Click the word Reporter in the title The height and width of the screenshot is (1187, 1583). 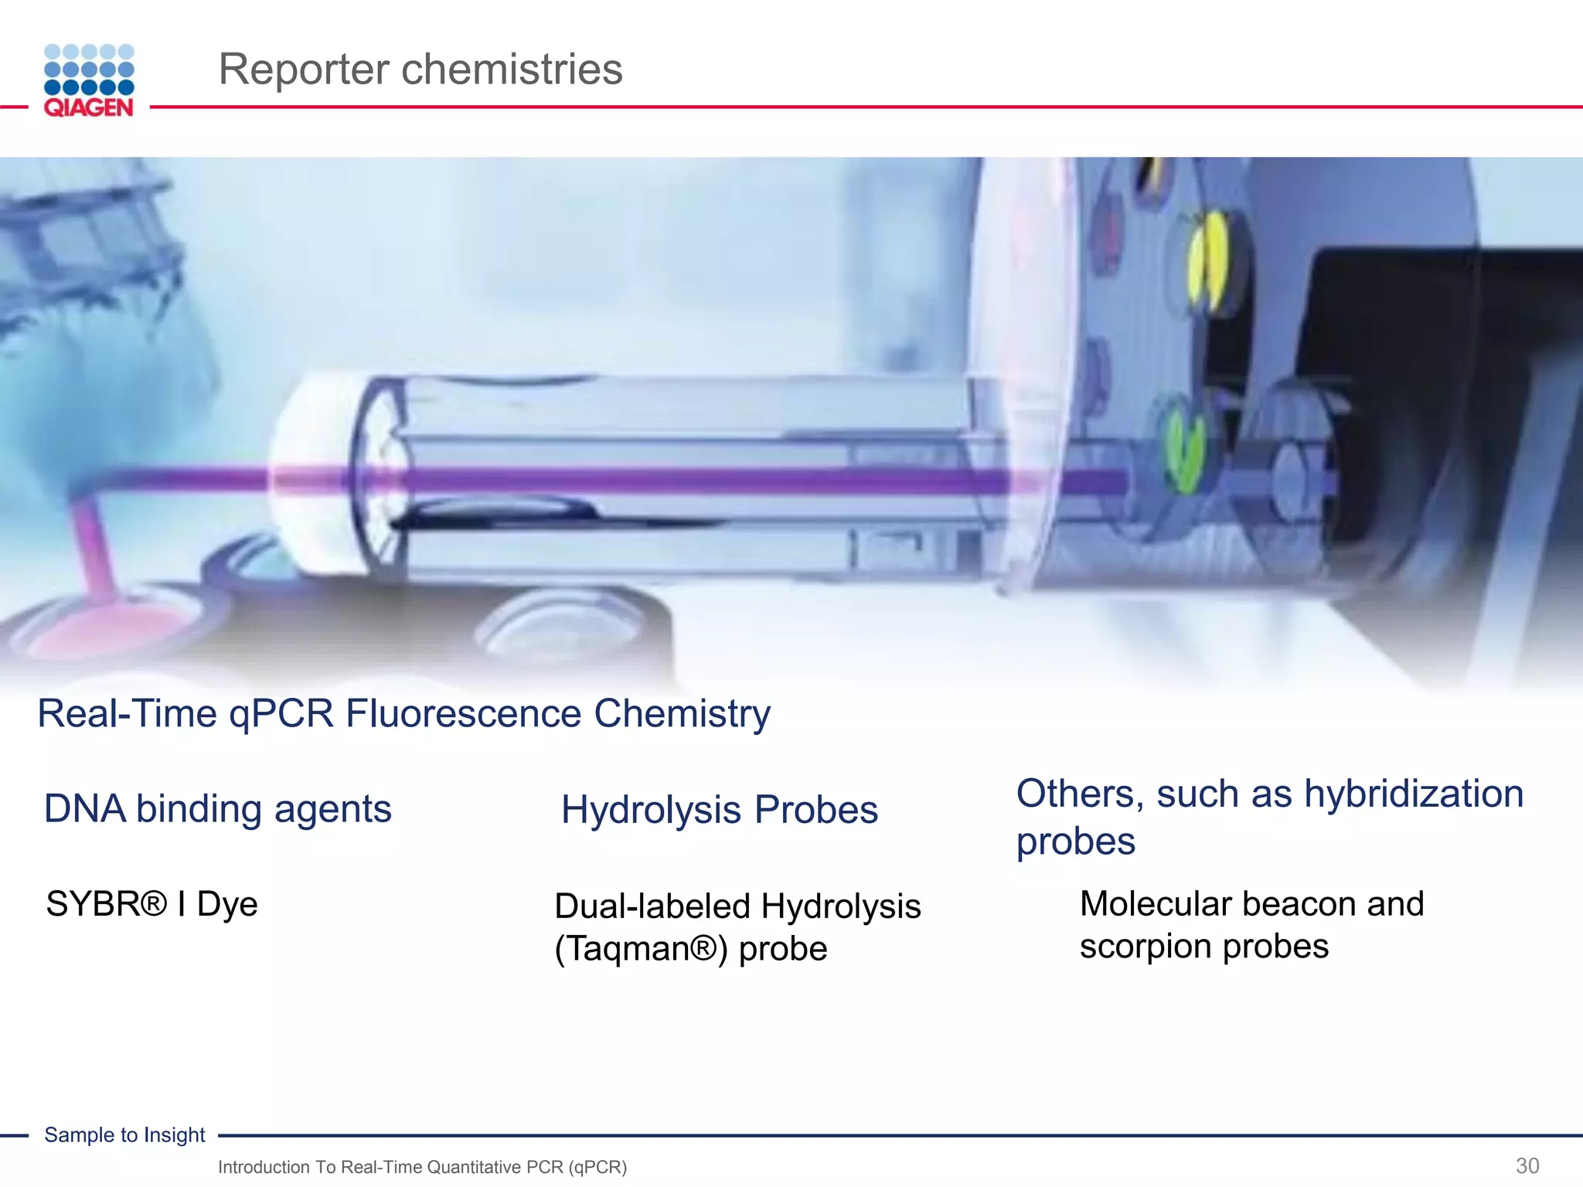(305, 70)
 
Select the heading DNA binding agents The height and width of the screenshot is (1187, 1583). (217, 809)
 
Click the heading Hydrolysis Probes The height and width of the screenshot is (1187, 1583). (719, 810)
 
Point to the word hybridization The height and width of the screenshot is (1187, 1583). (1413, 794)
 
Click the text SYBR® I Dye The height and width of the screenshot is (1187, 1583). (151, 904)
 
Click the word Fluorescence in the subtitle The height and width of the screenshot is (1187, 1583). (463, 713)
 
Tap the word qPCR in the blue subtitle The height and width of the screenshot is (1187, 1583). (281, 713)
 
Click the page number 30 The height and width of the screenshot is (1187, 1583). (1527, 1165)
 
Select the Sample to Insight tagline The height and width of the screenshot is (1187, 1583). (124, 1134)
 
